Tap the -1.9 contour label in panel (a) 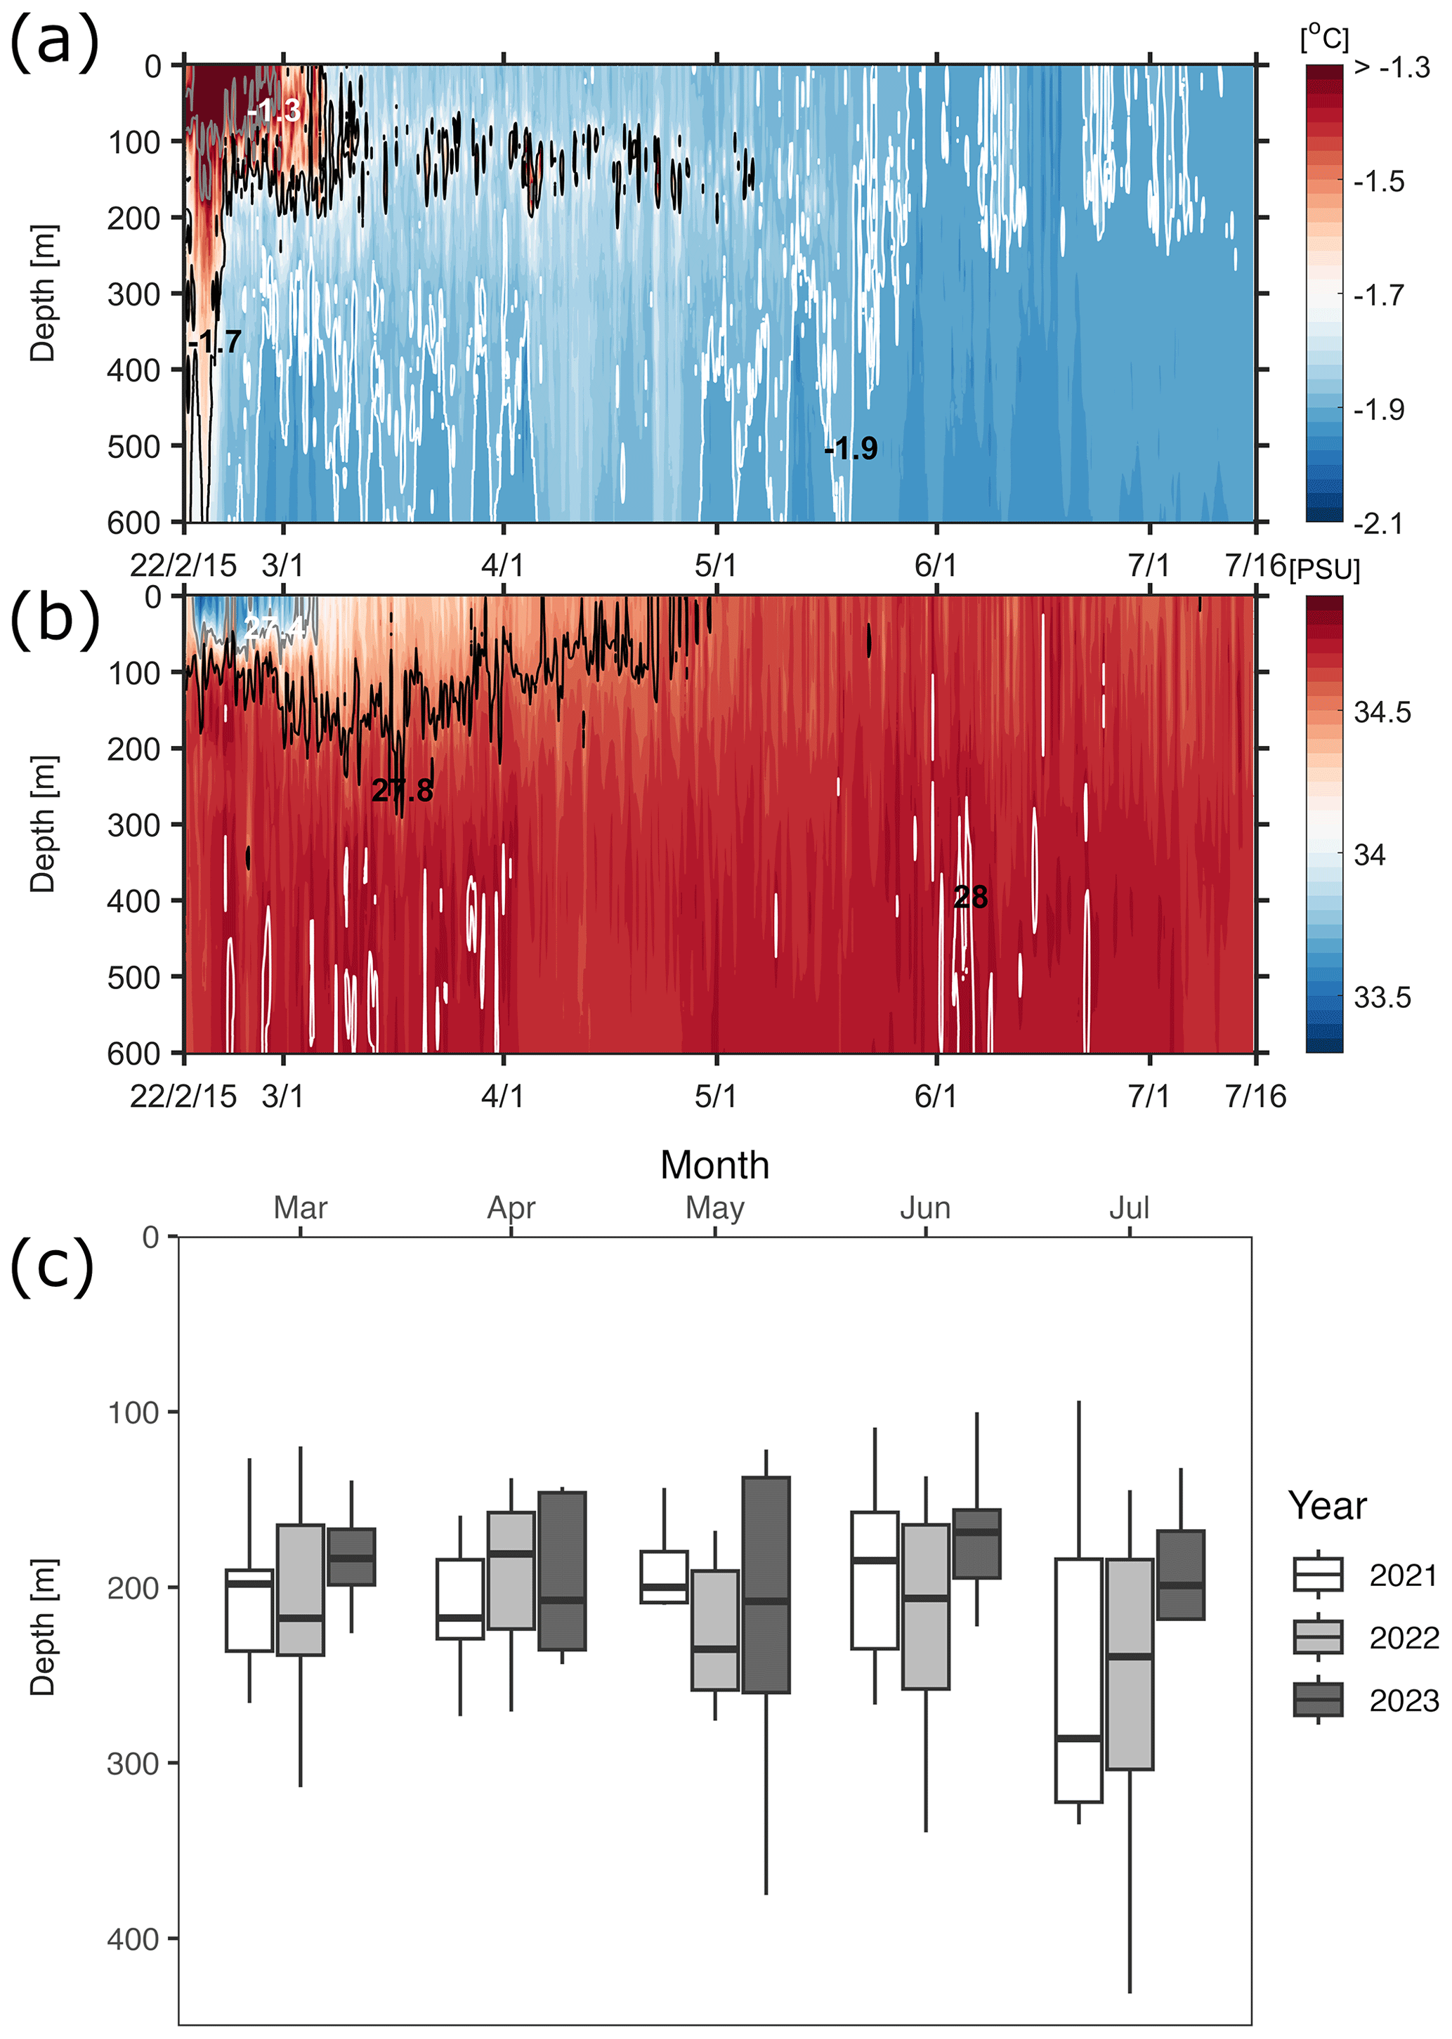(x=851, y=448)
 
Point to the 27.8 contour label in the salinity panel (x=403, y=790)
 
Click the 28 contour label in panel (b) (x=970, y=897)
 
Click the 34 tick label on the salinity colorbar (x=1369, y=855)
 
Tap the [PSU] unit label (x=1324, y=570)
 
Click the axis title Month (x=714, y=1165)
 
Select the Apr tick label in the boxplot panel (x=511, y=1207)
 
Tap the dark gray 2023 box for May (x=766, y=1585)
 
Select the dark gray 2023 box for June (x=976, y=1544)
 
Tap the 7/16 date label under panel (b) (x=1255, y=1096)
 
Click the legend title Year (x=1327, y=1506)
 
